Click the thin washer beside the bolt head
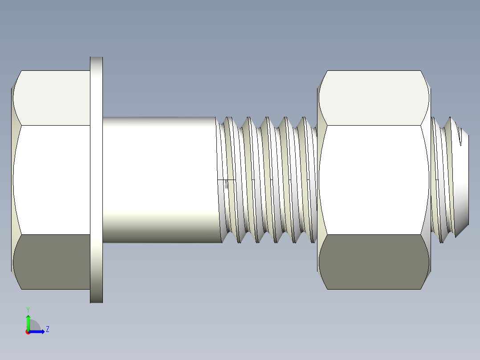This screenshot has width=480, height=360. click(97, 180)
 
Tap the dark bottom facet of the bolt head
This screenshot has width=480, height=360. click(52, 262)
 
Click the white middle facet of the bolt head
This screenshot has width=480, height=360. click(52, 180)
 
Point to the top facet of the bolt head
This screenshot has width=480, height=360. click(52, 98)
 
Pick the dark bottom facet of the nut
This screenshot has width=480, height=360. click(374, 262)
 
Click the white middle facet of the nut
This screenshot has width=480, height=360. click(374, 180)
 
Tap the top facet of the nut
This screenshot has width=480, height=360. click(374, 98)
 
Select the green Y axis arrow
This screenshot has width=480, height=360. click(28, 323)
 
